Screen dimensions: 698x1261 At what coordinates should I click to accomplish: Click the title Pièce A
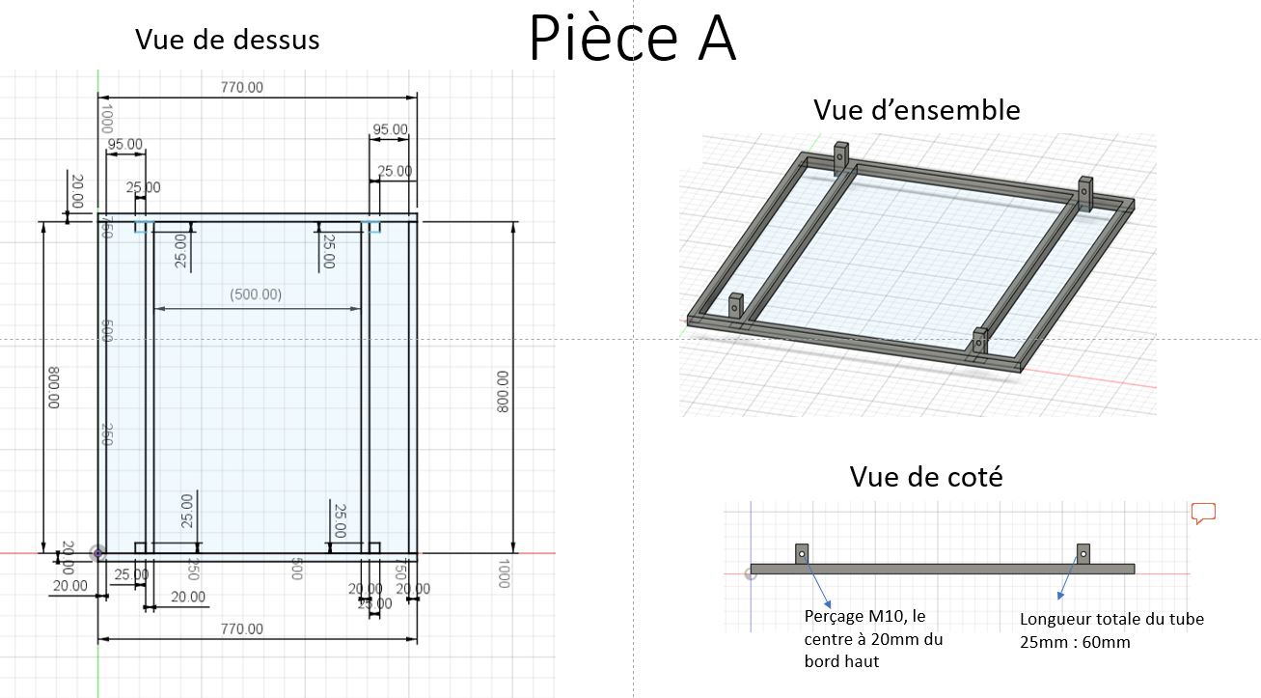click(632, 40)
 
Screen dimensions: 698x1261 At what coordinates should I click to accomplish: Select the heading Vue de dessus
click(227, 40)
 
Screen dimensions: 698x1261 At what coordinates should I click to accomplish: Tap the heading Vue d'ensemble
click(916, 109)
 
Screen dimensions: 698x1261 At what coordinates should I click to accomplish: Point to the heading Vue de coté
click(925, 476)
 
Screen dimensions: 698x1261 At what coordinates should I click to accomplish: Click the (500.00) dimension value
click(256, 294)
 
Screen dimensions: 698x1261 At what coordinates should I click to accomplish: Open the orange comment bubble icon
click(1202, 513)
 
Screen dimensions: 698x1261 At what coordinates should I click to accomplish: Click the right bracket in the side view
click(1083, 553)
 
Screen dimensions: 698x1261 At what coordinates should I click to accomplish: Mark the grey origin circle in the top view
click(96, 553)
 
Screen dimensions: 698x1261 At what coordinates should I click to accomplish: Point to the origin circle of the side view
click(751, 573)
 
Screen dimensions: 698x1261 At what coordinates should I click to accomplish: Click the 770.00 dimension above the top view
click(241, 88)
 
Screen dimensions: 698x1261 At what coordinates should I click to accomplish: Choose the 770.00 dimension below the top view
click(241, 629)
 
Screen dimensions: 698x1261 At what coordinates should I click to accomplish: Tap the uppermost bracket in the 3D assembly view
click(840, 157)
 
